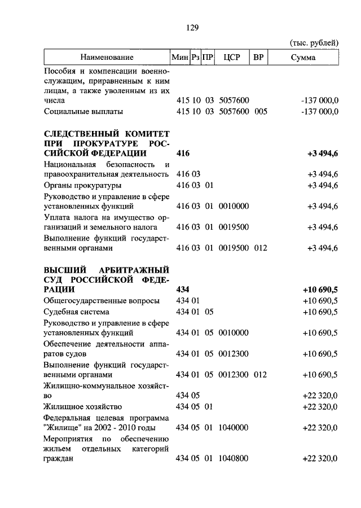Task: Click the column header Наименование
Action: pos(107,58)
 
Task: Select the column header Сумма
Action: pos(303,58)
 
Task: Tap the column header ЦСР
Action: pos(232,58)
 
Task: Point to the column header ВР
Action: pos(259,58)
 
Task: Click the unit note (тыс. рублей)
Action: pos(314,42)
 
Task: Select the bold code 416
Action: pos(183,153)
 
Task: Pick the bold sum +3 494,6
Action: pos(323,153)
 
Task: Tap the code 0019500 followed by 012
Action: pos(234,248)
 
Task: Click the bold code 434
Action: pos(183,290)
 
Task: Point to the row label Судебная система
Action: pos(76,311)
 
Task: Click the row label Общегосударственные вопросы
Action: pos(102,300)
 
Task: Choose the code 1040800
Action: pos(234,459)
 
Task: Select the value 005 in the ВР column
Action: pos(259,111)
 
